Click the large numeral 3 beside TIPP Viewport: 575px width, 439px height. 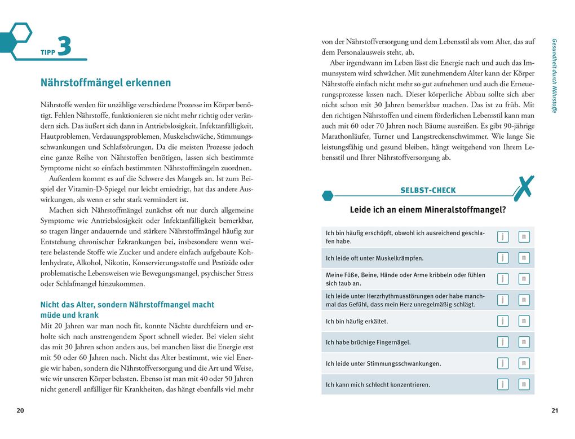coord(64,46)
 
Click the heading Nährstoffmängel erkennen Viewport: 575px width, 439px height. coord(105,83)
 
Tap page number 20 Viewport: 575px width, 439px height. coord(20,410)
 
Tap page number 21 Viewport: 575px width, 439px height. coord(554,410)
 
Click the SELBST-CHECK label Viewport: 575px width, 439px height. coord(428,190)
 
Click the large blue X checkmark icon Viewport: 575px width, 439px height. coord(524,188)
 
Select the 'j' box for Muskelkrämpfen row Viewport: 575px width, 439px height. coord(502,258)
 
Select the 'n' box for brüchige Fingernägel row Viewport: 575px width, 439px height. coord(524,342)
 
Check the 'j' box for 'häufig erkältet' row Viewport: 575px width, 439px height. coord(502,321)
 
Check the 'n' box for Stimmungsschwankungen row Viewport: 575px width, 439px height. coord(524,363)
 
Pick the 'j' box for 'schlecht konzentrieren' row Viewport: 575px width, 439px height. coord(502,384)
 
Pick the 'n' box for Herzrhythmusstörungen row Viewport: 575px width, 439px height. coord(524,300)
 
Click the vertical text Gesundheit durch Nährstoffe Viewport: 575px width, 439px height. coord(554,76)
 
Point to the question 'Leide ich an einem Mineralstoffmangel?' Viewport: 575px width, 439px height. coord(427,210)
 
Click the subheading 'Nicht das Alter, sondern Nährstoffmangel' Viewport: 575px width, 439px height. coord(127,305)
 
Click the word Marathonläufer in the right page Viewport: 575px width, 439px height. coord(344,136)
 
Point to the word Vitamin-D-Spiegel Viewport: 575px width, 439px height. coord(86,189)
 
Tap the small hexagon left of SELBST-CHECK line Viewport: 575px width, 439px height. coord(327,196)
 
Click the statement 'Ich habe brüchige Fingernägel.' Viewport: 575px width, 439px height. coord(368,343)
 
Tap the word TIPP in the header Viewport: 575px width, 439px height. coord(47,52)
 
